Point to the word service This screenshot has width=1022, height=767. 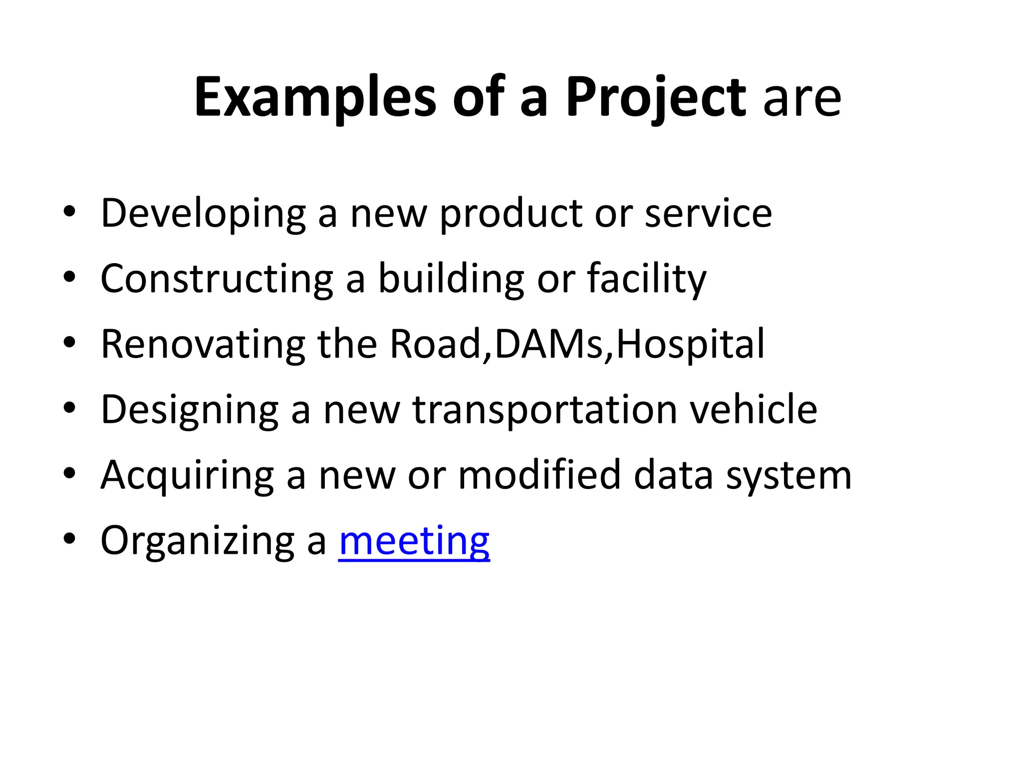pos(708,213)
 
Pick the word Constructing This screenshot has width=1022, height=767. pos(217,279)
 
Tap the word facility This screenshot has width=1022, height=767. pos(646,279)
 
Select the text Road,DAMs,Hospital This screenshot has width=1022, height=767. pos(577,345)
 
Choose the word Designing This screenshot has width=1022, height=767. pos(190,410)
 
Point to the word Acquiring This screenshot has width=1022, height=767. pos(187,475)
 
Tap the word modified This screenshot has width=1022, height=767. pos(539,475)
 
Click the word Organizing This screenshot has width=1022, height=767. pos(198,541)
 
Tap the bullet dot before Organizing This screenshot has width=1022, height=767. pos(69,539)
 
